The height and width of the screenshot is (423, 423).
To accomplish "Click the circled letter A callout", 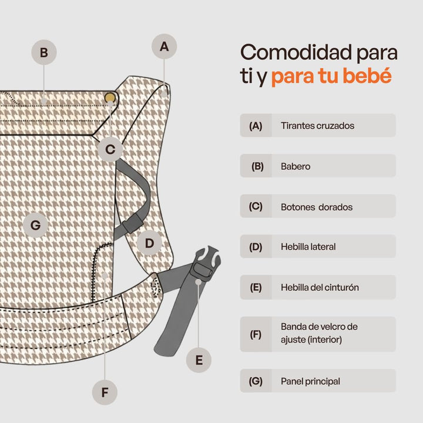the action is pos(164,46).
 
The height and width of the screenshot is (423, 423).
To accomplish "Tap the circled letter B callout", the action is pos(44,52).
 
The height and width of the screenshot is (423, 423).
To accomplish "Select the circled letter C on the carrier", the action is pos(110,149).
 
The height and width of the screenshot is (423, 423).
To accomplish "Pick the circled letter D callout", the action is pos(149,243).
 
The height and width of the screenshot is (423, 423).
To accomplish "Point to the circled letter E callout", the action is pos(199,360).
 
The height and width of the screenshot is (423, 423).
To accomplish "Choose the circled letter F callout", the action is pos(105,392).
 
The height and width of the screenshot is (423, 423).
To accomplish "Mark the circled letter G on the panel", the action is pos(36,225).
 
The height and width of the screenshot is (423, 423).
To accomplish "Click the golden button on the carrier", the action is pos(110,98).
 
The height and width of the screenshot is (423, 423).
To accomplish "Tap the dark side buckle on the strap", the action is pos(132,223).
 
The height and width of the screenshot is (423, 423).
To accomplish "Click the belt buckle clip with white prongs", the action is pos(207,264).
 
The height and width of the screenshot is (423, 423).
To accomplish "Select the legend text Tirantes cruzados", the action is pos(317,126).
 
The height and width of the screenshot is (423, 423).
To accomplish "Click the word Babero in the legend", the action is pos(296,166).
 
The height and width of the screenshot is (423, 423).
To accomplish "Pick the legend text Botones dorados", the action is pos(317,207).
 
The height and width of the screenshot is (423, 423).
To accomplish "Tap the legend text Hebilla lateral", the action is pos(308,247).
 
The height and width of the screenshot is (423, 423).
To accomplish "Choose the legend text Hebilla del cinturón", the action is pos(320,287).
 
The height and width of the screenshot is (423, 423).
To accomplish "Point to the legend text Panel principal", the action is pos(310,381).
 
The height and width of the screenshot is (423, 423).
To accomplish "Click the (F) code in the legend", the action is pos(256,334).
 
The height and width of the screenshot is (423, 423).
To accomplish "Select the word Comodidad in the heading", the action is pos(296,52).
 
